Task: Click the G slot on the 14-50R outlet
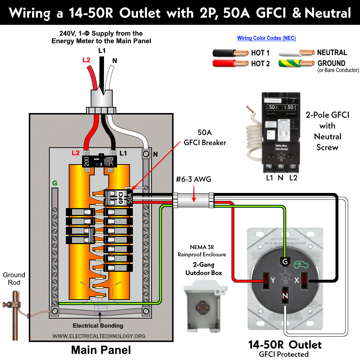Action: coord(285,261)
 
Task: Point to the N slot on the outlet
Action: coord(285,296)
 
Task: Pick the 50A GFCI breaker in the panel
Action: coord(119,198)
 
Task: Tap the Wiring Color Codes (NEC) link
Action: coord(266,38)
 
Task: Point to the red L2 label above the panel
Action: coord(86,60)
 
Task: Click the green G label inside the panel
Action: coord(55,183)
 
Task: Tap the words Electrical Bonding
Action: coord(98,325)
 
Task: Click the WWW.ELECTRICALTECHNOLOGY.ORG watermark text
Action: coord(99,336)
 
